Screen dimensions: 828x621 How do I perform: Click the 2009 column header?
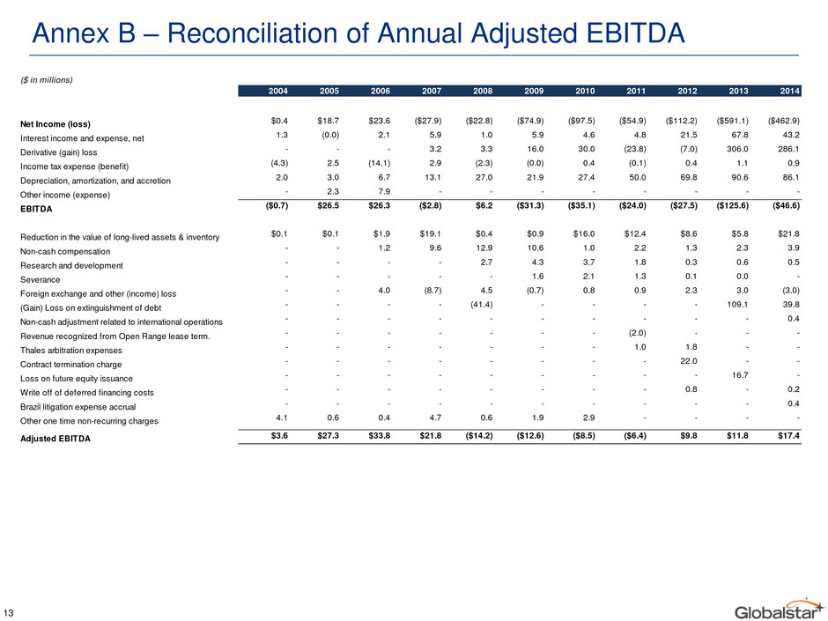(x=534, y=91)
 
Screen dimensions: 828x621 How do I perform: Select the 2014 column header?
(x=789, y=91)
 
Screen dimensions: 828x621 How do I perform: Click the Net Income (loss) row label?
(x=55, y=124)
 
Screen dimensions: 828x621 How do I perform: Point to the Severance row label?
(x=41, y=280)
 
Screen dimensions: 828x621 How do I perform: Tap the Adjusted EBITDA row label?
(x=55, y=439)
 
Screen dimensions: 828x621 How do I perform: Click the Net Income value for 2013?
(x=732, y=121)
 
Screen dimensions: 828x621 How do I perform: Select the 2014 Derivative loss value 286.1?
(x=788, y=150)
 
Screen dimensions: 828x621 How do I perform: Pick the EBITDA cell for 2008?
(x=484, y=206)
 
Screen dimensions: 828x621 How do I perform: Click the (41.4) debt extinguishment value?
(x=482, y=305)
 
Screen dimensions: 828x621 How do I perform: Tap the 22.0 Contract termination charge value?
(x=689, y=361)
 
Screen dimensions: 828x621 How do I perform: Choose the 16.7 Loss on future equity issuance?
(x=740, y=375)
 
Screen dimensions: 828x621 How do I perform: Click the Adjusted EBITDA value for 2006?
(x=379, y=436)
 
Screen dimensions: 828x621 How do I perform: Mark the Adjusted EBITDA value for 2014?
(x=788, y=436)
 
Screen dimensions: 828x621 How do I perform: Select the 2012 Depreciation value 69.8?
(x=689, y=178)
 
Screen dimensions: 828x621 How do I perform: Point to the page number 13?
(x=9, y=613)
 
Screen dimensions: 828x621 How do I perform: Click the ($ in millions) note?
(x=47, y=80)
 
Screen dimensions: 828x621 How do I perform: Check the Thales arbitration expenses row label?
(x=70, y=351)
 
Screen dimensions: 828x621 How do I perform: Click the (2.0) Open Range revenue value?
(x=638, y=333)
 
